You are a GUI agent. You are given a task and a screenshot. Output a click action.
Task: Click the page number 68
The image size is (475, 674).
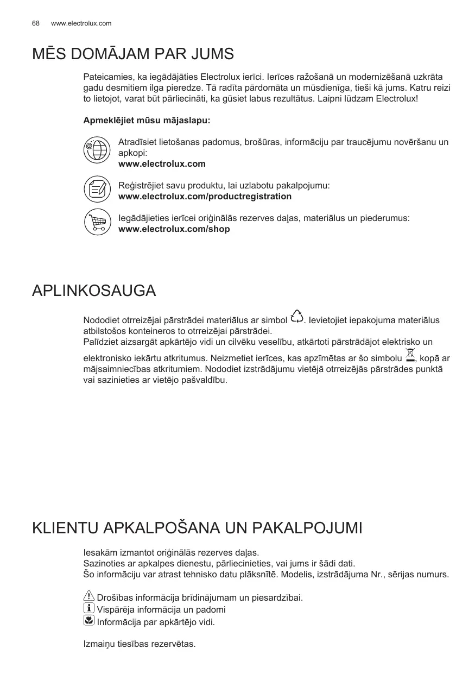pyautogui.click(x=36, y=23)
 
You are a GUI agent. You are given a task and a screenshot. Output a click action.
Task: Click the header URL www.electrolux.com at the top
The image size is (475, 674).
pyautogui.click(x=81, y=23)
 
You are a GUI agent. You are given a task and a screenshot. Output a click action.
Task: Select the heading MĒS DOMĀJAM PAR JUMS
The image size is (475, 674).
pyautogui.click(x=133, y=54)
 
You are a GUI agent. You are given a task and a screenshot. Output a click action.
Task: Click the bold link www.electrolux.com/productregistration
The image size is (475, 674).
pyautogui.click(x=205, y=196)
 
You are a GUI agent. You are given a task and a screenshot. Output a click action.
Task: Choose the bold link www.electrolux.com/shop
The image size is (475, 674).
pyautogui.click(x=174, y=229)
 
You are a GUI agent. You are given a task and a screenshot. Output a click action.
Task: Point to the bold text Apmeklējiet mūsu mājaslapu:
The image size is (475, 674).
pyautogui.click(x=147, y=119)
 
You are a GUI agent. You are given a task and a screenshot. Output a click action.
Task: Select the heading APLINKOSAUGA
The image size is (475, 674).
pyautogui.click(x=94, y=291)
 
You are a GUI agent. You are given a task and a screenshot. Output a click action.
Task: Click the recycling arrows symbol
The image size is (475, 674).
pyautogui.click(x=297, y=316)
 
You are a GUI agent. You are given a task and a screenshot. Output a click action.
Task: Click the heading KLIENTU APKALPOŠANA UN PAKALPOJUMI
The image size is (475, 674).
pyautogui.click(x=197, y=528)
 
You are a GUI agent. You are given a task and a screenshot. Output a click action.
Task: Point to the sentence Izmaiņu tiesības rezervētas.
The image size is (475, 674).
pyautogui.click(x=139, y=644)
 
